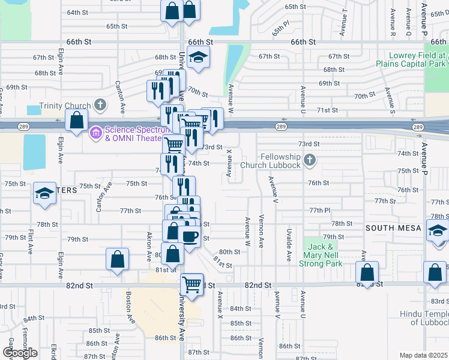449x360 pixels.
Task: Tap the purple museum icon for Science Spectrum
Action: [95, 132]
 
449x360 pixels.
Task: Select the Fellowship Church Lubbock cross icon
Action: [309, 160]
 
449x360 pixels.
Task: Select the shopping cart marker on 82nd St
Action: [191, 284]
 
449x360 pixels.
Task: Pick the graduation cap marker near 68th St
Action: [198, 58]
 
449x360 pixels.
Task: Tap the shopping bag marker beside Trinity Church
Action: [77, 121]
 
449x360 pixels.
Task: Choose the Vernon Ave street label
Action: [261, 232]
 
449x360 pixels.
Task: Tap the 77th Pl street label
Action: [320, 211]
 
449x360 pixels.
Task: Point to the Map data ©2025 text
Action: [423, 355]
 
